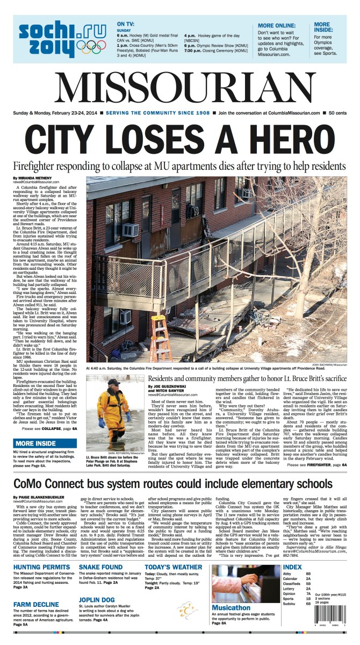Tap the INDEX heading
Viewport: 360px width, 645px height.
pos(292,568)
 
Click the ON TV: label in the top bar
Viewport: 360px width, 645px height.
pos(126,24)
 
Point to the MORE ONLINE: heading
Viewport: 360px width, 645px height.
pos(279,25)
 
